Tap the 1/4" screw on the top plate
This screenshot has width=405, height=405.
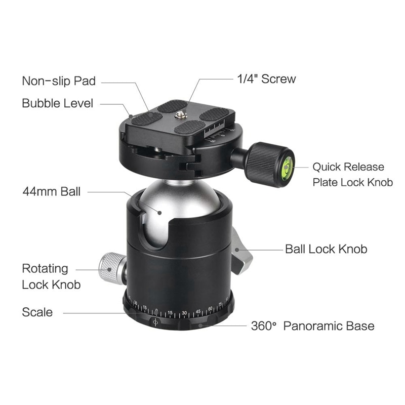(x=181, y=115)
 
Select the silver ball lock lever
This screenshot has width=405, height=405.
(x=241, y=251)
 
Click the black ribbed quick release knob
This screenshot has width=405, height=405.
(x=265, y=164)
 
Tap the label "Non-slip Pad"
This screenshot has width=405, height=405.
(x=59, y=81)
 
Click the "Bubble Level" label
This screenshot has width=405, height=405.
(x=57, y=103)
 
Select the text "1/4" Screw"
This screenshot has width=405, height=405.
(x=266, y=79)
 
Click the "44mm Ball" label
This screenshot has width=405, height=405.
(x=52, y=192)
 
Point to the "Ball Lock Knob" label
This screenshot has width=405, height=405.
(x=326, y=249)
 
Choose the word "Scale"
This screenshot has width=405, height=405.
(x=37, y=312)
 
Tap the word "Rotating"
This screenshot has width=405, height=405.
(x=45, y=269)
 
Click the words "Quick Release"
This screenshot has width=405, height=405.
(x=348, y=167)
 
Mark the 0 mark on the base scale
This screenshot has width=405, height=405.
(x=156, y=310)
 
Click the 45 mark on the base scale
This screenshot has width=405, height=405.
(x=198, y=311)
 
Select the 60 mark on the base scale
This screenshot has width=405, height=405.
(x=210, y=309)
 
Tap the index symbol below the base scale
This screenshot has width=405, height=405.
(x=155, y=322)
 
